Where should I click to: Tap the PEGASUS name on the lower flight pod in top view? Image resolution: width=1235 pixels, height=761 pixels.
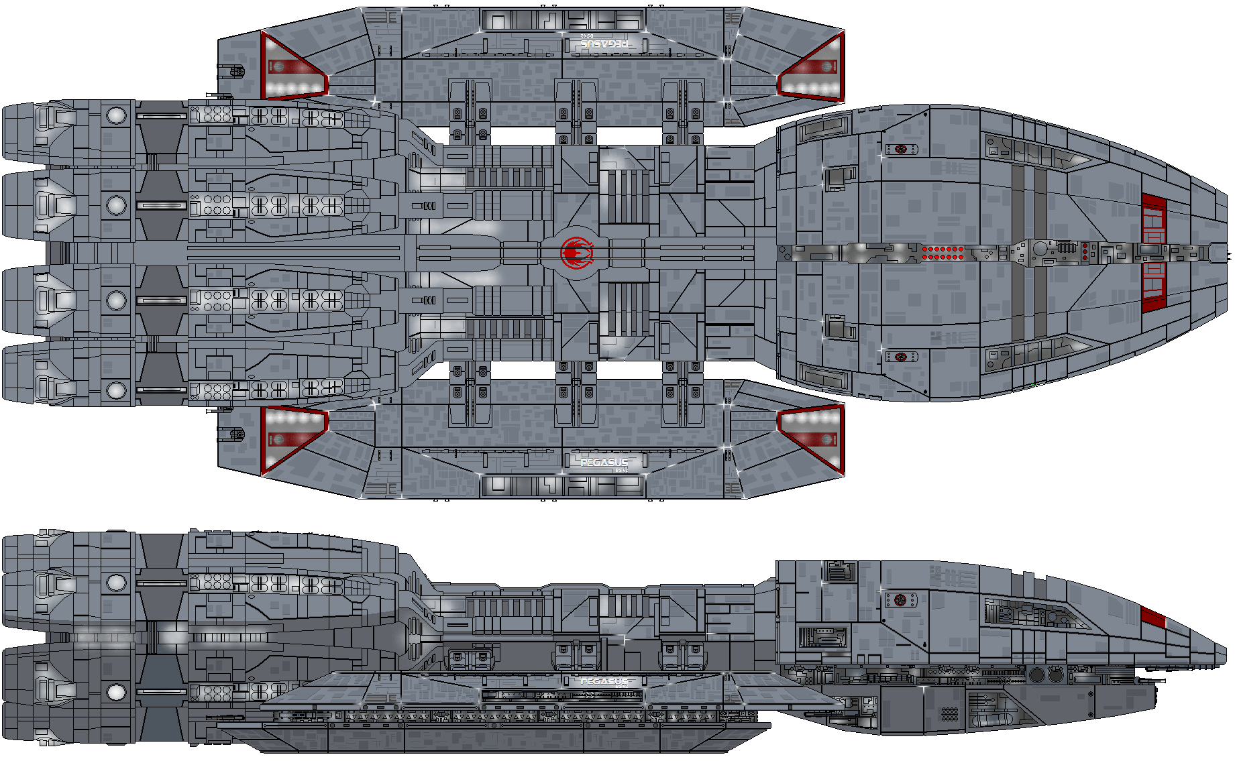(604, 462)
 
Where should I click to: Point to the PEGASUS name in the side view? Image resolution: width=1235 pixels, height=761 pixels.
(604, 681)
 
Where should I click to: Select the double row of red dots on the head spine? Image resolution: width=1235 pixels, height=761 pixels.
(943, 253)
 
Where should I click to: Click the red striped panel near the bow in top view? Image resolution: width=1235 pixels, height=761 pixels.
(1153, 253)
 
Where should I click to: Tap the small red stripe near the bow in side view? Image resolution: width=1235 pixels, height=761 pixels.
(1152, 618)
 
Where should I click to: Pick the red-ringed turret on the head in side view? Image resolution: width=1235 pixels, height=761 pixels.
(900, 599)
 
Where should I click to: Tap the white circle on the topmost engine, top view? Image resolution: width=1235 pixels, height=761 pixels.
(116, 115)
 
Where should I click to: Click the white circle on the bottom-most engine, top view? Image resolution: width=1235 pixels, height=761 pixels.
(116, 390)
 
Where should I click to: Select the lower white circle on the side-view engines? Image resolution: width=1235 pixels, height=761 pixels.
(116, 691)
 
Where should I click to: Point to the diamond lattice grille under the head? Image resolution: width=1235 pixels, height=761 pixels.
(949, 713)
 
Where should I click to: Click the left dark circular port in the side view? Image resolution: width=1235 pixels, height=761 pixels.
(1037, 675)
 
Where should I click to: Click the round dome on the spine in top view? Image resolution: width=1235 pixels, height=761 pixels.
(1040, 249)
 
